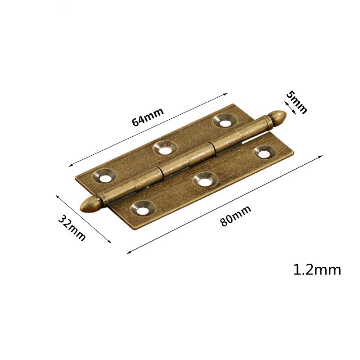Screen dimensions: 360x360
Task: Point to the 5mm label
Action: point(297,102)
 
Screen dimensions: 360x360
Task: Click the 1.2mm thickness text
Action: point(317,270)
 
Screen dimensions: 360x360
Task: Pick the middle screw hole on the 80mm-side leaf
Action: point(204,180)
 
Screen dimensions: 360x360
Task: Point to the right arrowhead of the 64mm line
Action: point(227,94)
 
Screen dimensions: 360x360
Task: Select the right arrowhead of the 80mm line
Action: point(322,156)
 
